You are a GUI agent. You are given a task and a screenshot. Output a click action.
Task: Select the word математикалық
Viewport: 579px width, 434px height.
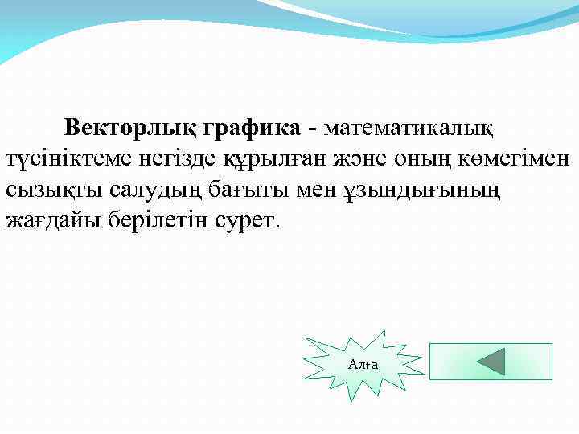(409, 128)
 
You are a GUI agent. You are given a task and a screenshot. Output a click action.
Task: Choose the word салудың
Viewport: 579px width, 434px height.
(134, 190)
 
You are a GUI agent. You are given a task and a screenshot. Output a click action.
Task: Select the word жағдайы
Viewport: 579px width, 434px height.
(49, 221)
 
